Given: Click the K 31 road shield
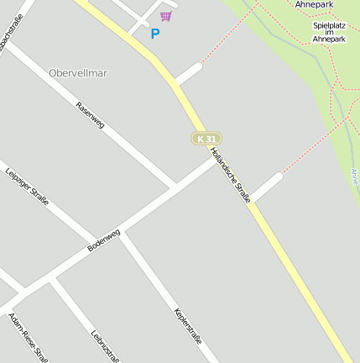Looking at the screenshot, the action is click(206, 138).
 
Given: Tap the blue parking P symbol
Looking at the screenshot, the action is click(154, 34).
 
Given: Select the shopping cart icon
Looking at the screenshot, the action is click(166, 16).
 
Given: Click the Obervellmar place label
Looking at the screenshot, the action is click(78, 73).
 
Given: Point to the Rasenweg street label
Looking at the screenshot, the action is click(90, 117).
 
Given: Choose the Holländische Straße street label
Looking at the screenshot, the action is click(231, 175).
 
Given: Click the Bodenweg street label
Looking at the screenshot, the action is click(104, 240).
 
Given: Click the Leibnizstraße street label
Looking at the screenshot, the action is click(106, 345).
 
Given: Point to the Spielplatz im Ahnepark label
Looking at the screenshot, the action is click(329, 32).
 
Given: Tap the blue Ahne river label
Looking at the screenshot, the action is click(354, 177).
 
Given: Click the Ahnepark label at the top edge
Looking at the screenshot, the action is click(314, 4).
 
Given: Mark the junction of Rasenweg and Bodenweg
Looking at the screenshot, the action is click(175, 185).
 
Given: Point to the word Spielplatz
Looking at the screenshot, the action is click(329, 25).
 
